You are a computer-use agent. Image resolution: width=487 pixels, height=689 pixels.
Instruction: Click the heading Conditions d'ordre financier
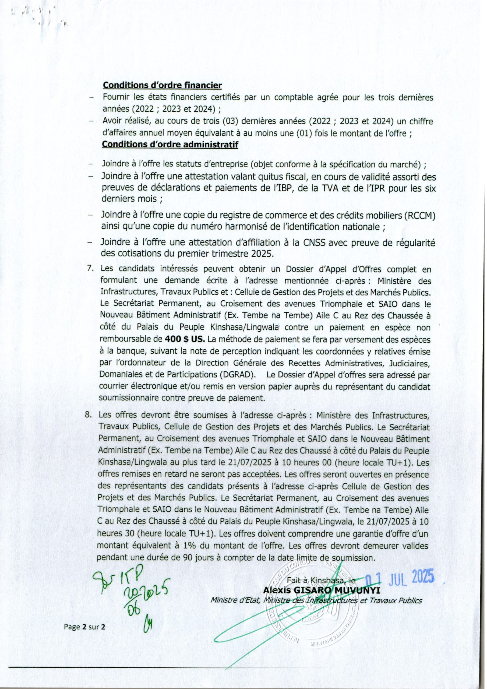click(162, 85)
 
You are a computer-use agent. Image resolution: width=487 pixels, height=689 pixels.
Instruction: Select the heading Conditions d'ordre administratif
click(170, 144)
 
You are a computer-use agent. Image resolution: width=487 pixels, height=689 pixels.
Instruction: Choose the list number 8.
click(88, 415)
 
